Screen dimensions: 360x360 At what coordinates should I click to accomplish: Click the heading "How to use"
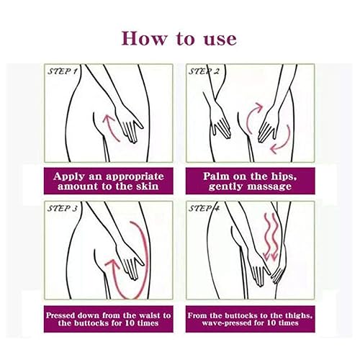[x=180, y=37]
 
